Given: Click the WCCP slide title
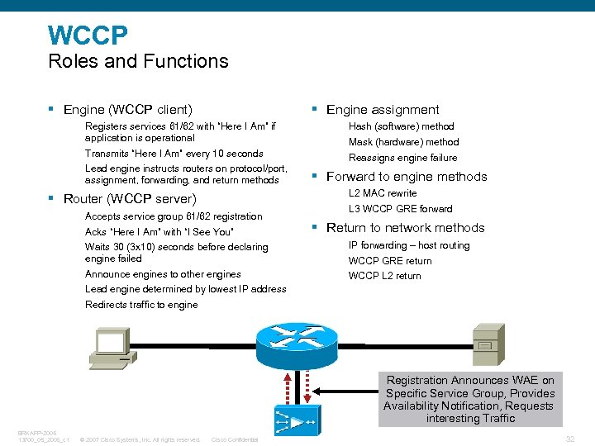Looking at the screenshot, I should [88, 35].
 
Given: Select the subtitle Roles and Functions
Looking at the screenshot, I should [138, 61].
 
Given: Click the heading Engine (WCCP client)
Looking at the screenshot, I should [127, 109].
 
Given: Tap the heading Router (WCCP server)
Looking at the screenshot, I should [130, 198].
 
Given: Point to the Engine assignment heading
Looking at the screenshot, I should [383, 109].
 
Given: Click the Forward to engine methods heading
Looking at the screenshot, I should [407, 176].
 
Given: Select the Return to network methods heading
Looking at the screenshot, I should [405, 227].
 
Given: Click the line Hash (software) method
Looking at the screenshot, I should [401, 126].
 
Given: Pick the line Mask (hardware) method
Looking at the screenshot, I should [403, 142].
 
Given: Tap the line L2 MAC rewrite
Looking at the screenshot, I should [383, 193].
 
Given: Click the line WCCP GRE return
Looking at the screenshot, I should [390, 261].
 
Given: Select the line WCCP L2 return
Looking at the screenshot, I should [384, 276].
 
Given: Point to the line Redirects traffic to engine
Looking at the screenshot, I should [141, 305].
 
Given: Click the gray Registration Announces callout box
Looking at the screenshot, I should [470, 399].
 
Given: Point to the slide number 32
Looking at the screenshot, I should [569, 439].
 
